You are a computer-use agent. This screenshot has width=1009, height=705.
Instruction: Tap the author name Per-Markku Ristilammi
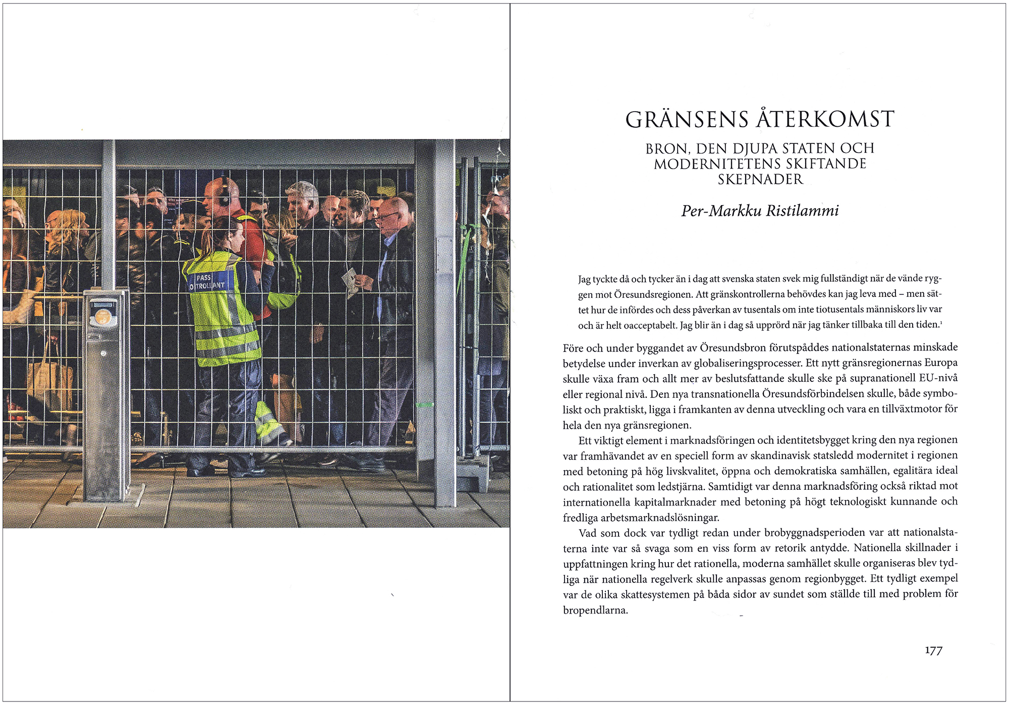pyautogui.click(x=760, y=211)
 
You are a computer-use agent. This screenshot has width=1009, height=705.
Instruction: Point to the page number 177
pyautogui.click(x=933, y=650)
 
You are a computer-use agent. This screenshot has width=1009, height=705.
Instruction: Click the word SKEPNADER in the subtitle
pyautogui.click(x=760, y=179)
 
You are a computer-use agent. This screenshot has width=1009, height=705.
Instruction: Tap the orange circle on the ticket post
pyautogui.click(x=103, y=317)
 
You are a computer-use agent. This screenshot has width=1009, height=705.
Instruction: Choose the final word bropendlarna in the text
pyautogui.click(x=595, y=610)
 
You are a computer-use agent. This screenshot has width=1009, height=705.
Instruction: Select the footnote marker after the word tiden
pyautogui.click(x=941, y=322)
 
